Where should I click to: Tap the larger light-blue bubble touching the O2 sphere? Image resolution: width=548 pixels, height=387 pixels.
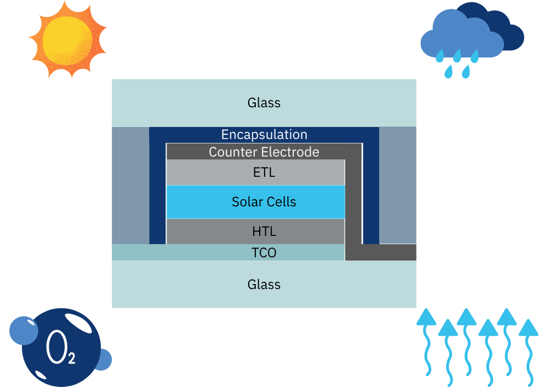(x=23, y=330)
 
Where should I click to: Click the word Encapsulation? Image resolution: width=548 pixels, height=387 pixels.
(x=264, y=135)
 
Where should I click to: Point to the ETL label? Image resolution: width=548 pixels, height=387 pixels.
(x=264, y=173)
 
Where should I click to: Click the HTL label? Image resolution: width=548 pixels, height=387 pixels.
(x=264, y=232)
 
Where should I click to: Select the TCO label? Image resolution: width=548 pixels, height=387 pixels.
(x=264, y=252)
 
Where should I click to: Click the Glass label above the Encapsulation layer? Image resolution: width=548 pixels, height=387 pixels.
(x=264, y=103)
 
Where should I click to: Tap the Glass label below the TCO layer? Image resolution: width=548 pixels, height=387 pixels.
(x=264, y=285)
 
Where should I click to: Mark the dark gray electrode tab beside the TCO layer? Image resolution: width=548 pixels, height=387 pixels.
(x=384, y=252)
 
